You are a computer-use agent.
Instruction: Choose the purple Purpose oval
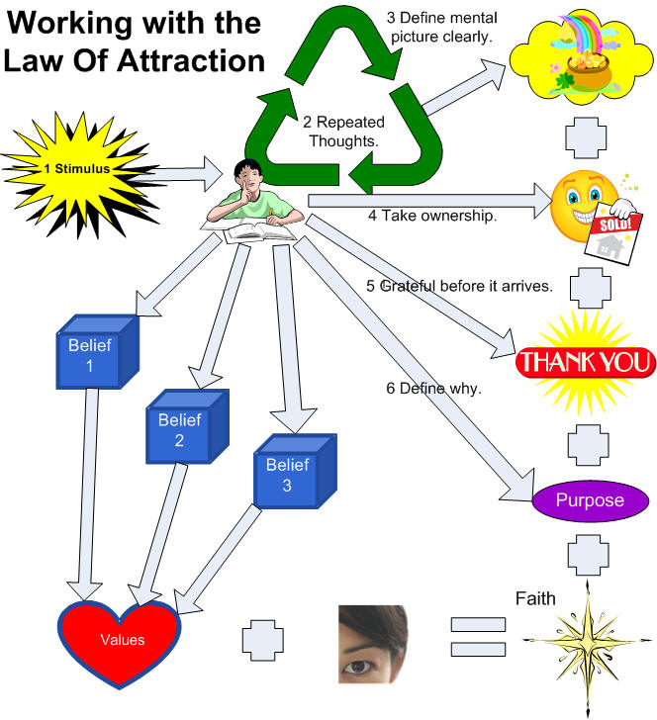coord(590,500)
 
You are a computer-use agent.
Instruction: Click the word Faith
coord(535,598)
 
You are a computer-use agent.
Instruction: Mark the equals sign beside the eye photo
coord(478,638)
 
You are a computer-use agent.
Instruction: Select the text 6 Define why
coord(433,389)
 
